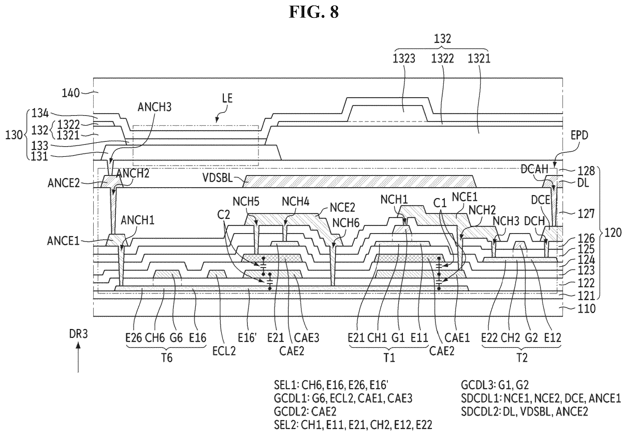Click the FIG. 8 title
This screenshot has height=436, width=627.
314,12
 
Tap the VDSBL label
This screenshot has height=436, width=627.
217,178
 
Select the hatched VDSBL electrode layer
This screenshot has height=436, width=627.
359,182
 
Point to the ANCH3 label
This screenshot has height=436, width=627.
154,107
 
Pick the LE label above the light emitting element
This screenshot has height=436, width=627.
227,98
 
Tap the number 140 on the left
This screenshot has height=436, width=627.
70,93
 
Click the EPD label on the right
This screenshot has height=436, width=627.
579,135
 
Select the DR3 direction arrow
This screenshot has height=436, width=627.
78,357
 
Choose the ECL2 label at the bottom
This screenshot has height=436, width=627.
224,351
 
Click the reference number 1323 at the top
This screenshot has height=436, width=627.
404,59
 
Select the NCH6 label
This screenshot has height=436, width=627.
346,223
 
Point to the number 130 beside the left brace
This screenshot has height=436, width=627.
14,135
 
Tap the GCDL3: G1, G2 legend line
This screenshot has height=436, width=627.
494,385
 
